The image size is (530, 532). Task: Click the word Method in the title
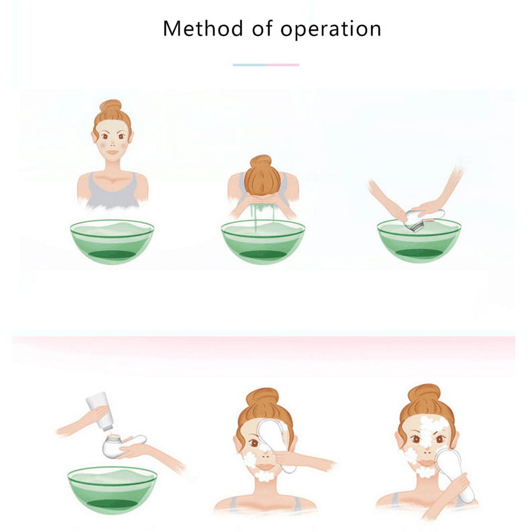(x=203, y=28)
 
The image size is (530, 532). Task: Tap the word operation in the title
(x=331, y=29)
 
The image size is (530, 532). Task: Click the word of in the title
(x=262, y=28)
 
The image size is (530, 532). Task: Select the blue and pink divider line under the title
(x=266, y=65)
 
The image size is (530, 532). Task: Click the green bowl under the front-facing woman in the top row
(x=112, y=242)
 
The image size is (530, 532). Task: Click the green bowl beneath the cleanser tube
(x=112, y=490)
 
